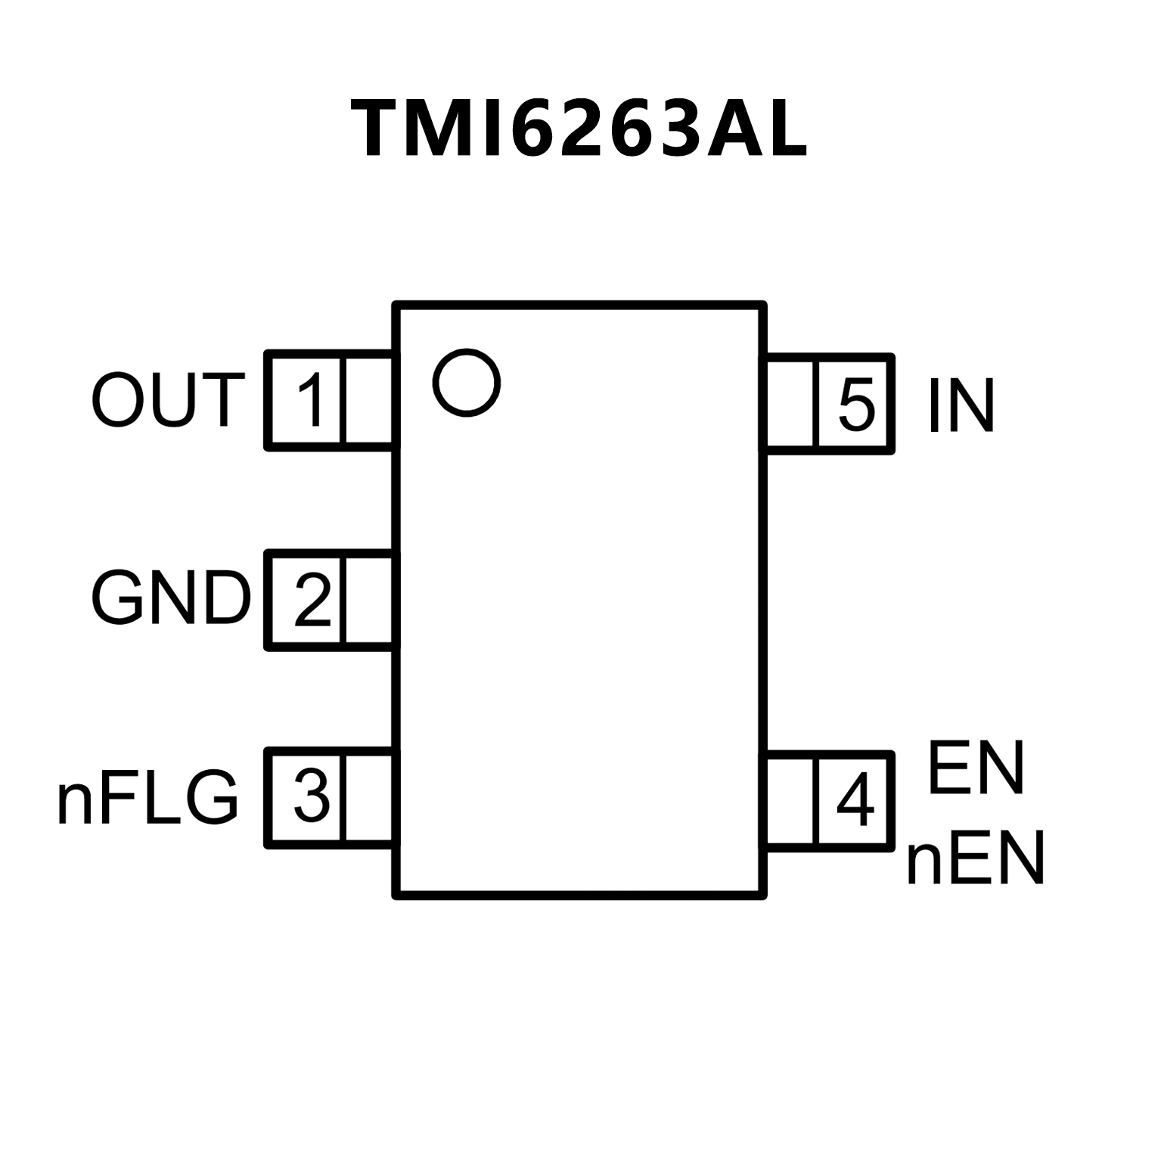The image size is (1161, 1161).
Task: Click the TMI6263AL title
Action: [579, 130]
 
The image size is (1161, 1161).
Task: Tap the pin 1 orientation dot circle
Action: [467, 382]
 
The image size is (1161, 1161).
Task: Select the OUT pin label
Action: [168, 401]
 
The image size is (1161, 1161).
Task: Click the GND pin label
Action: [171, 598]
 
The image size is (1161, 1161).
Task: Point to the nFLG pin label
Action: [148, 798]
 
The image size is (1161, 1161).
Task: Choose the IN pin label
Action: [961, 407]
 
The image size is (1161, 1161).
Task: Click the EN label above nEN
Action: [976, 768]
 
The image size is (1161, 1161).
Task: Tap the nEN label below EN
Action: [976, 859]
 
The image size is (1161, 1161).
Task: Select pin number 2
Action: [312, 600]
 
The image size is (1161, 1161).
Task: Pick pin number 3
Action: [312, 797]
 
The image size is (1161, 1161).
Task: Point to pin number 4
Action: [855, 801]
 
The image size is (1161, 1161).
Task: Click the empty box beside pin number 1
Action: [369, 401]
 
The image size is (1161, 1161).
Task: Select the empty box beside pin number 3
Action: [369, 797]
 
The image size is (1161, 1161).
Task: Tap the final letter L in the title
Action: [787, 130]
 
